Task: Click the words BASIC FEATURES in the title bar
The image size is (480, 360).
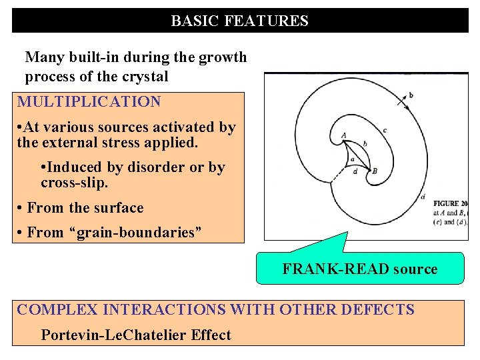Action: click(x=239, y=21)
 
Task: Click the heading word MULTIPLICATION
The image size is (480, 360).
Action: click(x=89, y=102)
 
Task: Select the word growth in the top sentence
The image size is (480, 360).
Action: click(x=224, y=57)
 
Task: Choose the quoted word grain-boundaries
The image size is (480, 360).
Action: click(x=128, y=232)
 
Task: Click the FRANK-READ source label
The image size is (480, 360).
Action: click(x=360, y=269)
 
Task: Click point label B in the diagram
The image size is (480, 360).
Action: click(x=375, y=171)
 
